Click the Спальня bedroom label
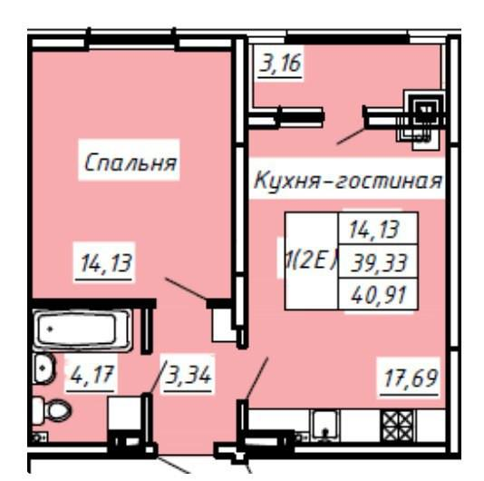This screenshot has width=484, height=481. click(x=129, y=163)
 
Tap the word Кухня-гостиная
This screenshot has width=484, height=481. click(x=347, y=181)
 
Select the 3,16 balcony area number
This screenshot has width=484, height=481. click(x=278, y=65)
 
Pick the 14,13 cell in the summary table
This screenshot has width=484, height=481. click(x=375, y=228)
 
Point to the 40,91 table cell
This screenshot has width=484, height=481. click(x=375, y=294)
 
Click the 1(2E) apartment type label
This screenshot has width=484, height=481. click(x=308, y=260)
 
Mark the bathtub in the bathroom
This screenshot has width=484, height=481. click(x=83, y=330)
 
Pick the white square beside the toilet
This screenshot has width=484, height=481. click(x=123, y=417)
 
